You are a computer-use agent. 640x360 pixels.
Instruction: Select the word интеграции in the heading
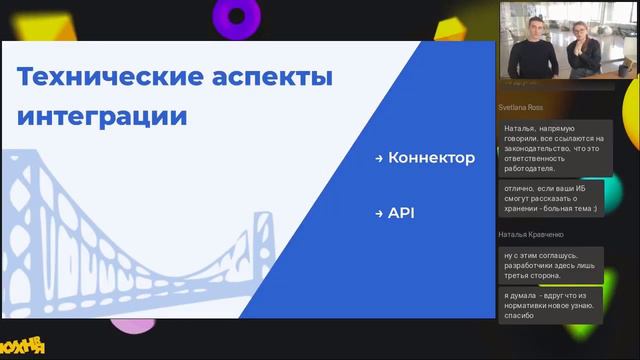[103, 115]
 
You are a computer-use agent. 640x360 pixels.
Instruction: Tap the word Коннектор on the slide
[431, 158]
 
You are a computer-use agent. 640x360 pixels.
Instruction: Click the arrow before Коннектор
[379, 159]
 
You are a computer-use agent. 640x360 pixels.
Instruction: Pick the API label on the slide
[401, 213]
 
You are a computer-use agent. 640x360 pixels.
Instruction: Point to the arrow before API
[379, 213]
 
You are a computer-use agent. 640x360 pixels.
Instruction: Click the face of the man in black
[531, 31]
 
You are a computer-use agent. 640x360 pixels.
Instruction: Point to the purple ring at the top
[236, 14]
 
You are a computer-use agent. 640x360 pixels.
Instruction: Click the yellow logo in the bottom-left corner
[23, 345]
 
